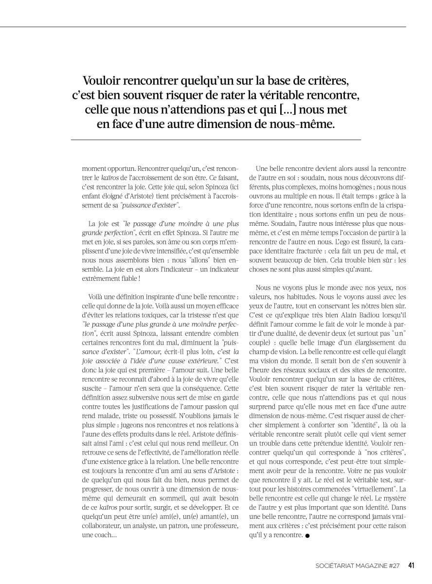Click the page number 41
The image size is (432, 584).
click(411, 566)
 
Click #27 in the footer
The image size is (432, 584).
click(395, 566)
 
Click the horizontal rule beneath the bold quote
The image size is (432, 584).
click(216, 140)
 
